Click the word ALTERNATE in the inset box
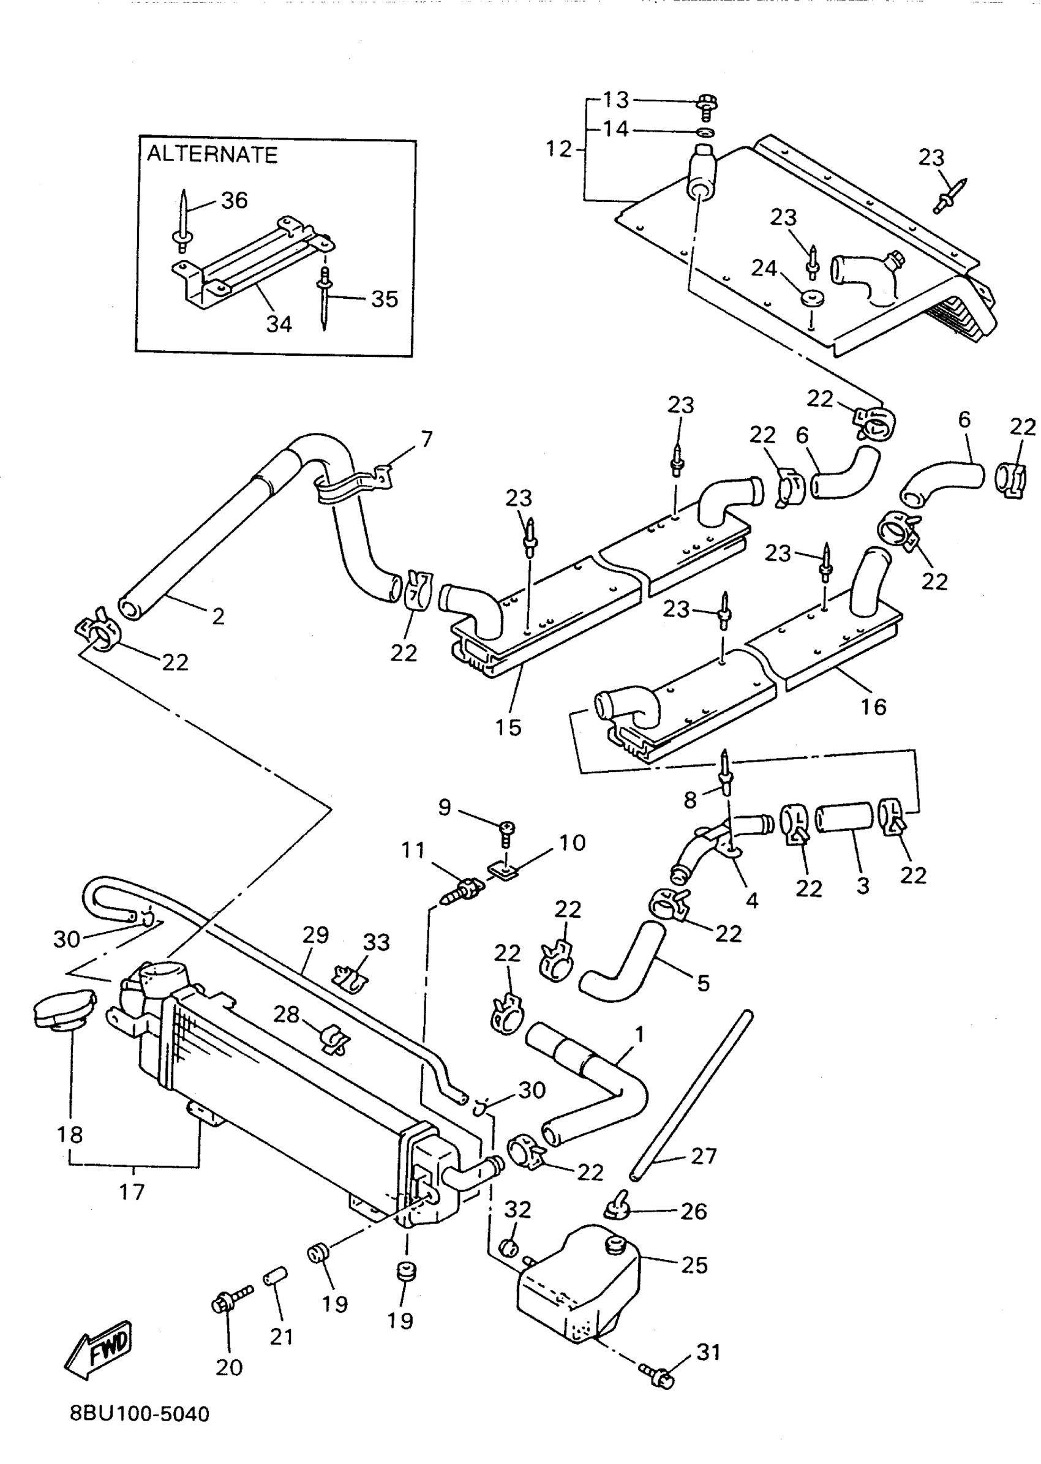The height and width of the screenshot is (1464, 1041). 212,154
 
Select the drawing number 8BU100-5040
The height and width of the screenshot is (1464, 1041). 140,1413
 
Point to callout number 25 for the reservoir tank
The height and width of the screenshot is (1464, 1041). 694,1264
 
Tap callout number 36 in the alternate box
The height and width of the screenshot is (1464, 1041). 234,200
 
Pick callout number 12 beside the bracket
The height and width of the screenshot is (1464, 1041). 558,149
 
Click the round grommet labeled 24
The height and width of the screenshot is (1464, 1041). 812,298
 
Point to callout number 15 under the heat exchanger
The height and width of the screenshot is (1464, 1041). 508,727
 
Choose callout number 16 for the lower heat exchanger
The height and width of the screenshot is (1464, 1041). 873,707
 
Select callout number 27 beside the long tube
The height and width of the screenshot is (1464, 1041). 703,1155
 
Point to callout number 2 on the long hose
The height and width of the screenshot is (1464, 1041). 218,616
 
